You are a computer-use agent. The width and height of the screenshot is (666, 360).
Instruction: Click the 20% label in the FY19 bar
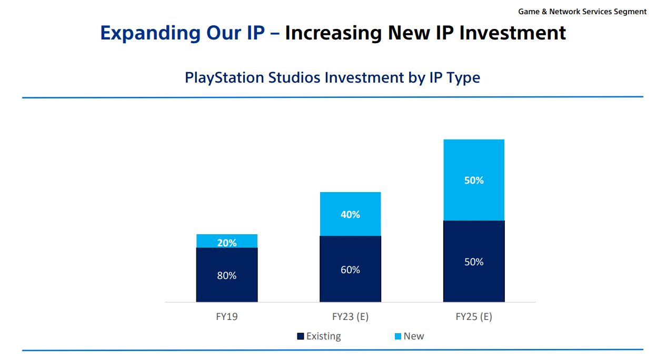(x=227, y=243)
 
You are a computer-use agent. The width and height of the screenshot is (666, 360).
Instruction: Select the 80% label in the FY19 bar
(x=227, y=275)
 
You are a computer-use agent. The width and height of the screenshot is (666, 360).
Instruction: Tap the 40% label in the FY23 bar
(x=350, y=214)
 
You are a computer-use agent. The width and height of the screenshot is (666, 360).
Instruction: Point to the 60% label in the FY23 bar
(x=350, y=269)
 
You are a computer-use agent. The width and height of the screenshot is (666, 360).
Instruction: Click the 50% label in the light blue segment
(x=474, y=180)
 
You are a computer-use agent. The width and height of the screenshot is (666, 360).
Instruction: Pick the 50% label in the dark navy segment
(x=474, y=262)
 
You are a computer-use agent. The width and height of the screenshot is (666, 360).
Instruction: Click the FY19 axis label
(x=227, y=317)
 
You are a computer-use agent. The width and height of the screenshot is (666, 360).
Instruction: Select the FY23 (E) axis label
(x=350, y=317)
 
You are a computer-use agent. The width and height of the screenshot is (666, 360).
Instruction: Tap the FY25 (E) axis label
(x=474, y=317)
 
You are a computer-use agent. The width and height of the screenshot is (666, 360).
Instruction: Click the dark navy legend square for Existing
(x=301, y=336)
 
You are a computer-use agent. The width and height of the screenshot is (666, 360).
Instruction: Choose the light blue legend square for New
(x=398, y=336)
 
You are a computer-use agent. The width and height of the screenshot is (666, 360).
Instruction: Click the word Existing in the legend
(x=323, y=336)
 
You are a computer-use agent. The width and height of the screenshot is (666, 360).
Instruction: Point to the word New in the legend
(x=413, y=336)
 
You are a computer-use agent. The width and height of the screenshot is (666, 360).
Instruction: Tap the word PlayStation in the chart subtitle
(x=224, y=77)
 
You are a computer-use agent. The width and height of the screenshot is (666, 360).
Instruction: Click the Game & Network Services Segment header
(x=582, y=11)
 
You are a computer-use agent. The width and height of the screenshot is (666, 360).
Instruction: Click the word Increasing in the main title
(x=334, y=33)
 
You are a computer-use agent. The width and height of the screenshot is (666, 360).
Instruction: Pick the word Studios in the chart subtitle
(x=294, y=77)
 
